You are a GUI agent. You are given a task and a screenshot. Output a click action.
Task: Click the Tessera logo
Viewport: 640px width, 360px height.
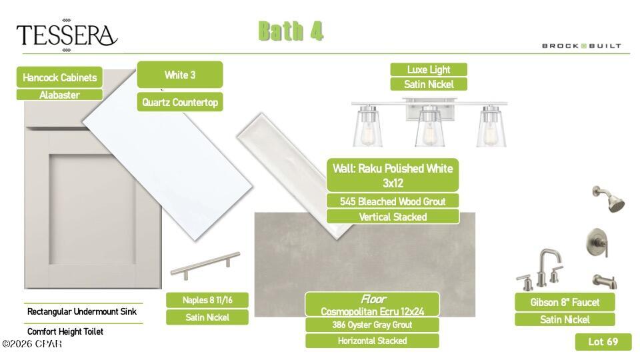pyautogui.click(x=67, y=35)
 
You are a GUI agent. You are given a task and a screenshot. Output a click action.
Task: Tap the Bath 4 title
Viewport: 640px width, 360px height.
pyautogui.click(x=291, y=31)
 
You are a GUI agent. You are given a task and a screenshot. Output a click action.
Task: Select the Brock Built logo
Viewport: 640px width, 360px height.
pyautogui.click(x=581, y=46)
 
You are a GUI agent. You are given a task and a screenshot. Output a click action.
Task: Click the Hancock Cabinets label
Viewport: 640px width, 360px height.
pyautogui.click(x=59, y=77)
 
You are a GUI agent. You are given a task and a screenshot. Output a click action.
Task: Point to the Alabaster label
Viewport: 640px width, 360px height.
pyautogui.click(x=59, y=95)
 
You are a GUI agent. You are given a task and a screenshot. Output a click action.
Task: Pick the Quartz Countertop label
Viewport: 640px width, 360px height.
pyautogui.click(x=180, y=102)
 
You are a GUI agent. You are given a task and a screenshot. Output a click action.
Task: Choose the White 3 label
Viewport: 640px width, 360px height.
pyautogui.click(x=180, y=75)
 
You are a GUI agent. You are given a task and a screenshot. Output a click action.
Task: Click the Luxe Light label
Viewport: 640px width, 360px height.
pyautogui.click(x=429, y=69)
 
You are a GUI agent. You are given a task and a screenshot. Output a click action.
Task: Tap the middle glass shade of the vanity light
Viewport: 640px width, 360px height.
pyautogui.click(x=429, y=127)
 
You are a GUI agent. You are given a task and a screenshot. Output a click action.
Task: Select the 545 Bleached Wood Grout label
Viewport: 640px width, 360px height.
pyautogui.click(x=393, y=201)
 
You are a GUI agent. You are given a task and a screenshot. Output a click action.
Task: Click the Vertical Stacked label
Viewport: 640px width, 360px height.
pyautogui.click(x=393, y=217)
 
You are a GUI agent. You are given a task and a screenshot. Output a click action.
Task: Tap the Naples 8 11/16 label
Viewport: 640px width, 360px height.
pyautogui.click(x=207, y=300)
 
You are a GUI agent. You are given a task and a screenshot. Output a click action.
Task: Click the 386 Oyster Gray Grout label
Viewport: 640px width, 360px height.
pyautogui.click(x=372, y=325)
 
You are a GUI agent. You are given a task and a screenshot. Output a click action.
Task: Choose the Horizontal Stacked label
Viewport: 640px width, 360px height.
pyautogui.click(x=372, y=341)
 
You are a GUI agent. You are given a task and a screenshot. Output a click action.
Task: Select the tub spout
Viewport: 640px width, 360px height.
pyautogui.click(x=605, y=281)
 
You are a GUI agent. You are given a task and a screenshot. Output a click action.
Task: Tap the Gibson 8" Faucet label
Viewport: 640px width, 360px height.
pyautogui.click(x=565, y=302)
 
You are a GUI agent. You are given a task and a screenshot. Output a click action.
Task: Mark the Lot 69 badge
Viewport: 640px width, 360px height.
pyautogui.click(x=603, y=341)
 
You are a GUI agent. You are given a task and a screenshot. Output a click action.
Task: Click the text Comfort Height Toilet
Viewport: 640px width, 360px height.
pyautogui.click(x=65, y=331)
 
